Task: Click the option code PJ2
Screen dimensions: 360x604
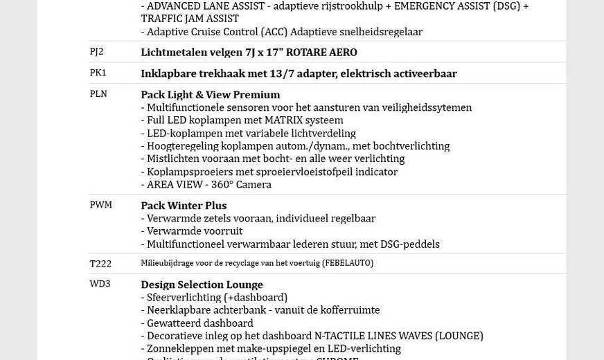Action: (x=96, y=52)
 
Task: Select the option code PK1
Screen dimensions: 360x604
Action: (x=98, y=73)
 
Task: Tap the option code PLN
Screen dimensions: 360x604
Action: (x=98, y=94)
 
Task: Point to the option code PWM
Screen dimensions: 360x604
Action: (x=100, y=205)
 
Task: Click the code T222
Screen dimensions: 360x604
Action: (x=100, y=264)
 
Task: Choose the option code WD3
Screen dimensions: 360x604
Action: (x=100, y=284)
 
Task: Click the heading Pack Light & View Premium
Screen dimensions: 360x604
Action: (x=211, y=95)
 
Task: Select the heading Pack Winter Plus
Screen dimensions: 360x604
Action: (x=184, y=206)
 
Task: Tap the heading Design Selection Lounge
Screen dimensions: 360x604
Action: (x=202, y=285)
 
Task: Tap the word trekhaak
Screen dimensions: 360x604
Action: (x=215, y=73)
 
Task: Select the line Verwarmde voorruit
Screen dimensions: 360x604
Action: (x=194, y=231)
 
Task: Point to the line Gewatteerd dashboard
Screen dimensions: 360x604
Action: (x=199, y=323)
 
